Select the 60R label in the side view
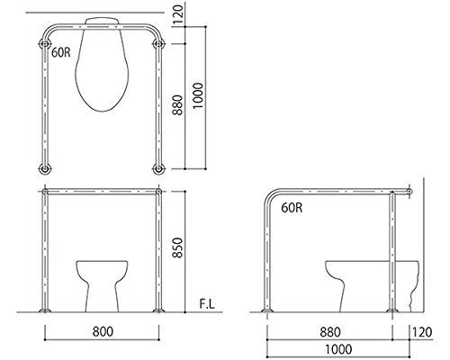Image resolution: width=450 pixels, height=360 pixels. [292, 208]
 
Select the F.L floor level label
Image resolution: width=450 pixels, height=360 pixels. [206, 305]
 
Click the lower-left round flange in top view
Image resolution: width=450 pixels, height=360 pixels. [42, 167]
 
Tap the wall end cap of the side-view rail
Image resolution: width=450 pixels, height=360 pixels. [411, 191]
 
